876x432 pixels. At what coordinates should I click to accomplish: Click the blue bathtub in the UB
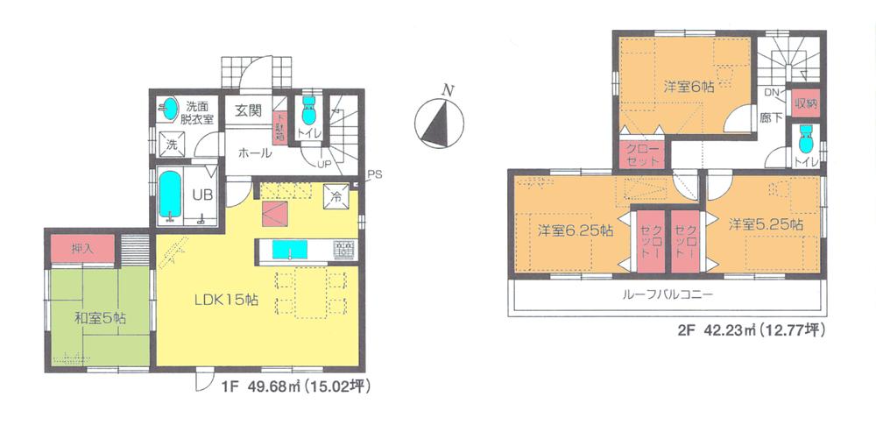coord(169,198)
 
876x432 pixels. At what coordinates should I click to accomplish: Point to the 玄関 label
coord(248,110)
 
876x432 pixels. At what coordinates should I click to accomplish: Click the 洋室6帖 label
coord(688,87)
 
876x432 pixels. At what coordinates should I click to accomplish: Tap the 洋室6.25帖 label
coord(575,230)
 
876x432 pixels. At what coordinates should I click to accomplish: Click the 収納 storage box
coord(806,103)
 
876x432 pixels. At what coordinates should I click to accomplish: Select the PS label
coord(374,173)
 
